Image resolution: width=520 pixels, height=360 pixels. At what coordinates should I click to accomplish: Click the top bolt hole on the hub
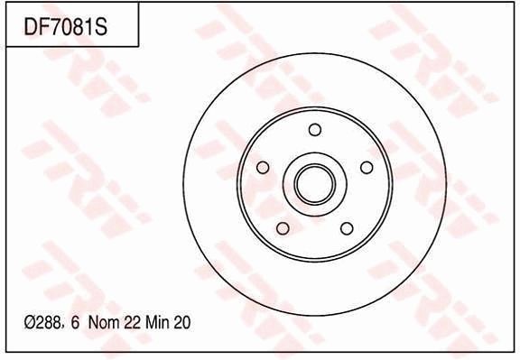(314, 129)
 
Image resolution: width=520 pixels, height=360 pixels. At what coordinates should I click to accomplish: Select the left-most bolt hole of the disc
(263, 168)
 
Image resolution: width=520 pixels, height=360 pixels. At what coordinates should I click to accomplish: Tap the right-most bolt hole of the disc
(367, 167)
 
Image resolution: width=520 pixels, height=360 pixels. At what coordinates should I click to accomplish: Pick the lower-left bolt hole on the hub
(283, 227)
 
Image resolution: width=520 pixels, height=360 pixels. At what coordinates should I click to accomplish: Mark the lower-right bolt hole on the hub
(347, 227)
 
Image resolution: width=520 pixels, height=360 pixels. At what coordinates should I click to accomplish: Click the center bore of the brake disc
(314, 183)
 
